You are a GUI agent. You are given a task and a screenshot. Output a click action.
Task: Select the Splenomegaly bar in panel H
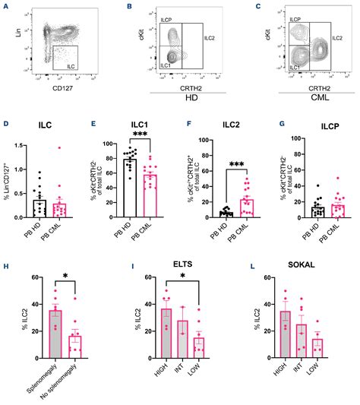[54, 334]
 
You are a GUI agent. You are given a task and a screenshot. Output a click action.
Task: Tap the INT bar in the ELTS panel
[182, 338]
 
